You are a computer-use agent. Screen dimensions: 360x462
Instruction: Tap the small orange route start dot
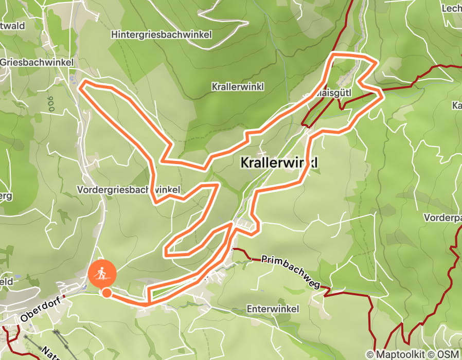coord(106,293)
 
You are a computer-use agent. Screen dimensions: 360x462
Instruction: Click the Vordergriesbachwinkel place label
coord(129,190)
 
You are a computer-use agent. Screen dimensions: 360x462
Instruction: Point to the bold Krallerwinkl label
coord(279,163)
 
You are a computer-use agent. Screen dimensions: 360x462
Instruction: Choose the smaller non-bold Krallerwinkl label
coord(237,87)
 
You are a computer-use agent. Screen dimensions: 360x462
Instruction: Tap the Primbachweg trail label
coord(291,271)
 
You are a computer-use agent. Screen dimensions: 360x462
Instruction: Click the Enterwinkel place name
coord(273,309)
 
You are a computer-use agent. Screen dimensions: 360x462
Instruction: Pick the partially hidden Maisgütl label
coord(326,94)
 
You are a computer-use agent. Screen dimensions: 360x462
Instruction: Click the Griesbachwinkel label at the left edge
coord(34,62)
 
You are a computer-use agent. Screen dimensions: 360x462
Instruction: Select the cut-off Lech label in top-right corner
coord(452,9)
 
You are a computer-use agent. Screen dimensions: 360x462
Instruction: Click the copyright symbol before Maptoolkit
coord(370,354)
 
